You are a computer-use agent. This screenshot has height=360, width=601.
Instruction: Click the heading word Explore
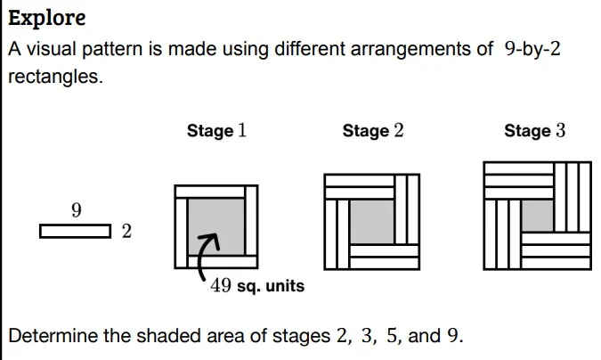[47, 18]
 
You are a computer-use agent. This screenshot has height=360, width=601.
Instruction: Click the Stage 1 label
[216, 130]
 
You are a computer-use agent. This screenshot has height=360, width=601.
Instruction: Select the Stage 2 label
[373, 130]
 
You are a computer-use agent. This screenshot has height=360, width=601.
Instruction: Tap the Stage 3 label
[535, 130]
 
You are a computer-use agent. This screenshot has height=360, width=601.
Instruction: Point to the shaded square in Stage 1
[216, 227]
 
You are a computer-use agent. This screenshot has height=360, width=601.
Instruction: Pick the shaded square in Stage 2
[372, 222]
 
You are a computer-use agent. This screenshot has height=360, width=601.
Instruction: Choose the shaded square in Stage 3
[538, 216]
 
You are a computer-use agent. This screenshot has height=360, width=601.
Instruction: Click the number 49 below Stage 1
[221, 285]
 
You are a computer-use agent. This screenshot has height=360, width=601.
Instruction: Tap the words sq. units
[271, 286]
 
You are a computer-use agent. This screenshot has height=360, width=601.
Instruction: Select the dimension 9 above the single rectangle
[77, 210]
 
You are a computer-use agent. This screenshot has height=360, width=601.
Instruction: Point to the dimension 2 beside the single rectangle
[126, 231]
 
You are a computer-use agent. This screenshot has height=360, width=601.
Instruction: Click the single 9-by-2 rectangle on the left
[76, 232]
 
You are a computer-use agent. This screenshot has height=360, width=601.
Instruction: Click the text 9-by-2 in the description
[532, 49]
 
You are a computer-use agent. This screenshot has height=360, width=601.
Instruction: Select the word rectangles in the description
[55, 77]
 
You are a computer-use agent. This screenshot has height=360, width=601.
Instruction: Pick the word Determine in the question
[53, 336]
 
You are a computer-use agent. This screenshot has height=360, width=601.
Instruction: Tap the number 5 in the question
[393, 336]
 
